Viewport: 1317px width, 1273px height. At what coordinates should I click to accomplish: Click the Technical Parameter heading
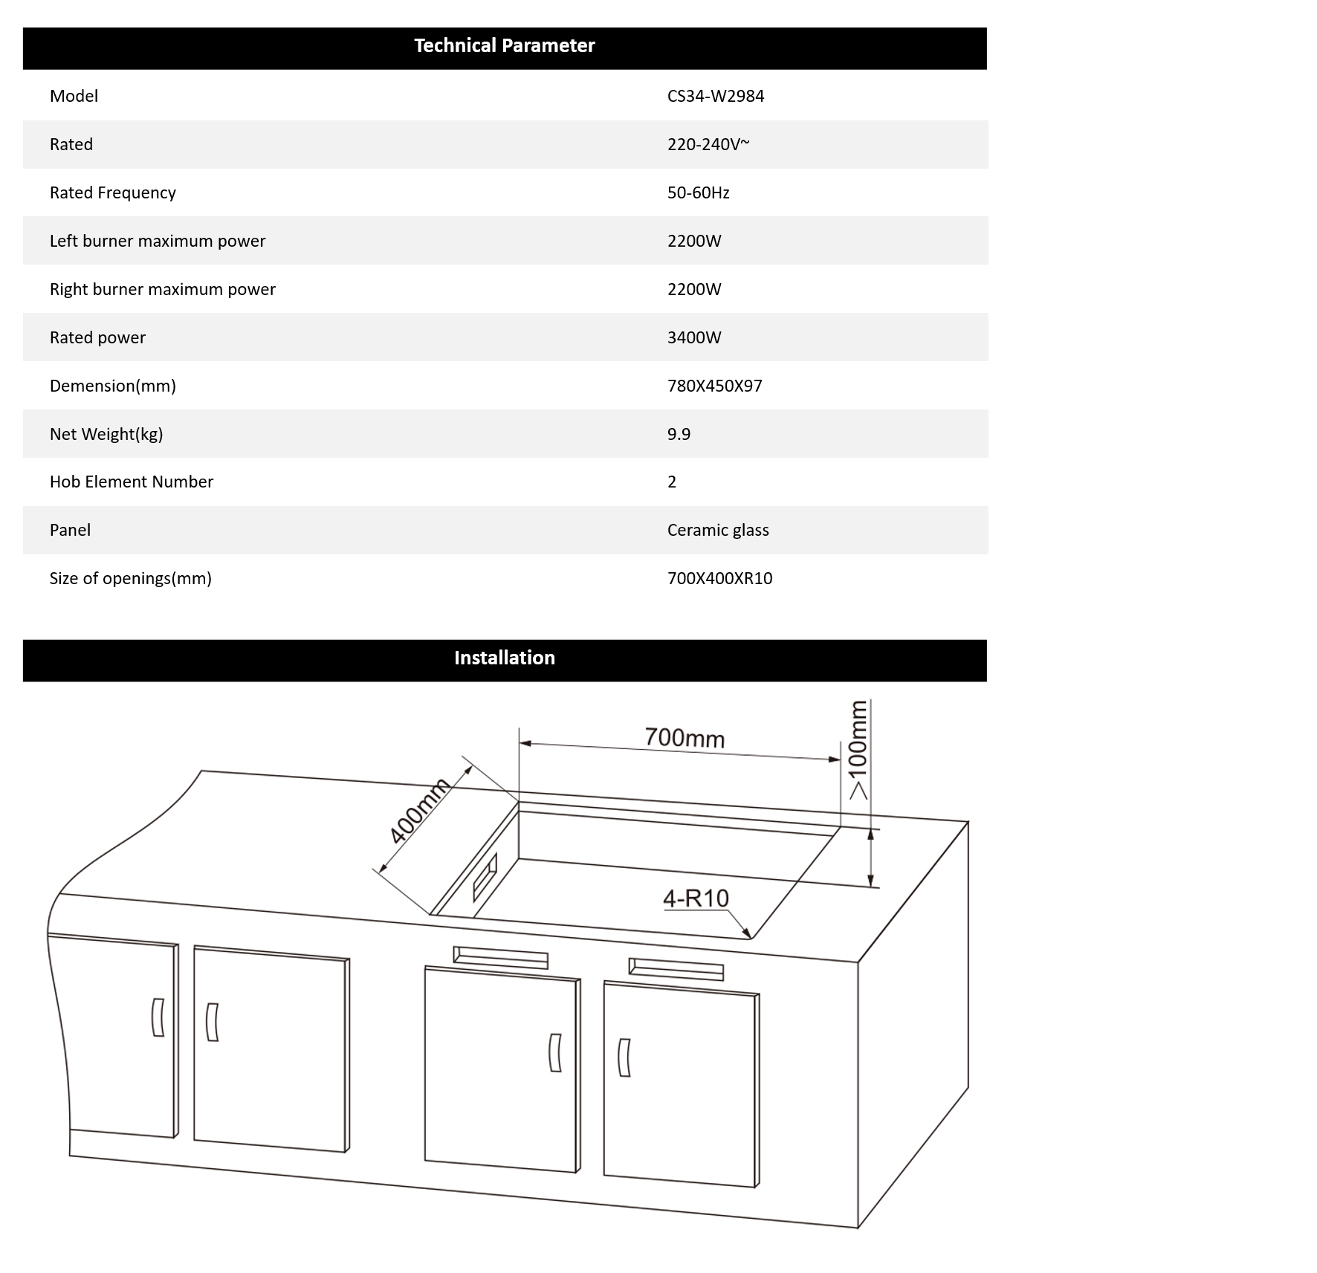504,46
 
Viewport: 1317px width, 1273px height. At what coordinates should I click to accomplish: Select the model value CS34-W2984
715,96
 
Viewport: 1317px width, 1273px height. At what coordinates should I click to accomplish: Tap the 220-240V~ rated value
708,144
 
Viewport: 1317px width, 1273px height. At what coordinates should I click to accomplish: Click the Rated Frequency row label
112,192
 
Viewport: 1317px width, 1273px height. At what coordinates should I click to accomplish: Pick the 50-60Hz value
698,192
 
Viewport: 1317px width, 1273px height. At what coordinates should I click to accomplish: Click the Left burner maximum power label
157,241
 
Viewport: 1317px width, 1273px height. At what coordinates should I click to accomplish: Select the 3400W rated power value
693,337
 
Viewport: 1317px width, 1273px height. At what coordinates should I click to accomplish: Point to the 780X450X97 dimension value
714,386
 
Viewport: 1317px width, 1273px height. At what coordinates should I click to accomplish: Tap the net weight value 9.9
679,434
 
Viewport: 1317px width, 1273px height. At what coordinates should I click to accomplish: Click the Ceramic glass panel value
717,530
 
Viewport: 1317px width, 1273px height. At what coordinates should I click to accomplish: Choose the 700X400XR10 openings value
719,578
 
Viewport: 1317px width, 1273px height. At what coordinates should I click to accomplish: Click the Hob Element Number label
131,482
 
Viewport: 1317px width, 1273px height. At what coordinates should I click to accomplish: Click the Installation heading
504,658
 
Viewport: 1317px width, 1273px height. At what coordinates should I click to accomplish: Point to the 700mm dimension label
684,738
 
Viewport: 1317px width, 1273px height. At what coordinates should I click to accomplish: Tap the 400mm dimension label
420,811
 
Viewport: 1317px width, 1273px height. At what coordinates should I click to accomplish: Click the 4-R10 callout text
696,898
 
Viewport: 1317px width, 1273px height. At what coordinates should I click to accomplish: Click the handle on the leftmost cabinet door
158,1017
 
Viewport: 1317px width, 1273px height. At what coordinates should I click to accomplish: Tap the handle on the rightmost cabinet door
624,1057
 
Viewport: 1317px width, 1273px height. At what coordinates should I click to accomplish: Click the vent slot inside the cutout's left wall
485,878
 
